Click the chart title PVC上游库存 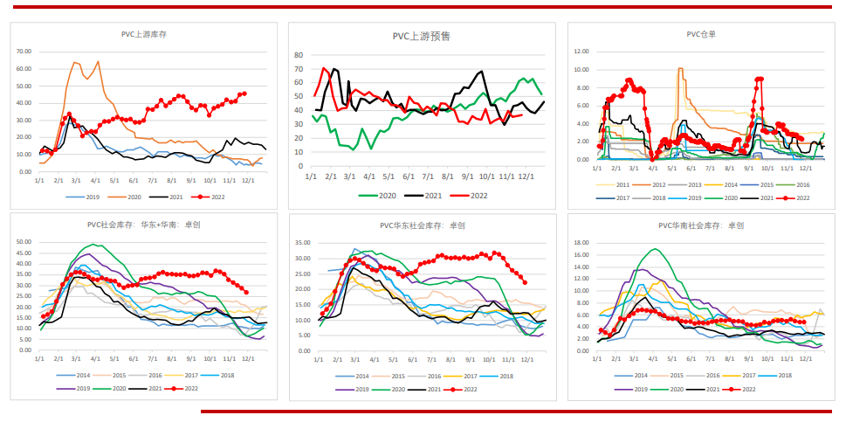[144, 34]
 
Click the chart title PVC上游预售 [422, 37]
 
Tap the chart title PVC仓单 [701, 35]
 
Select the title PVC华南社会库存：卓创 [701, 225]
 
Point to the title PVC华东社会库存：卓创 [422, 225]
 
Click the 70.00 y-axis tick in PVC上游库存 [24, 51]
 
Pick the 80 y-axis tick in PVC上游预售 [299, 55]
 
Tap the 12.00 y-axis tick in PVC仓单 [581, 51]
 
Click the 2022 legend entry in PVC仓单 [798, 198]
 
